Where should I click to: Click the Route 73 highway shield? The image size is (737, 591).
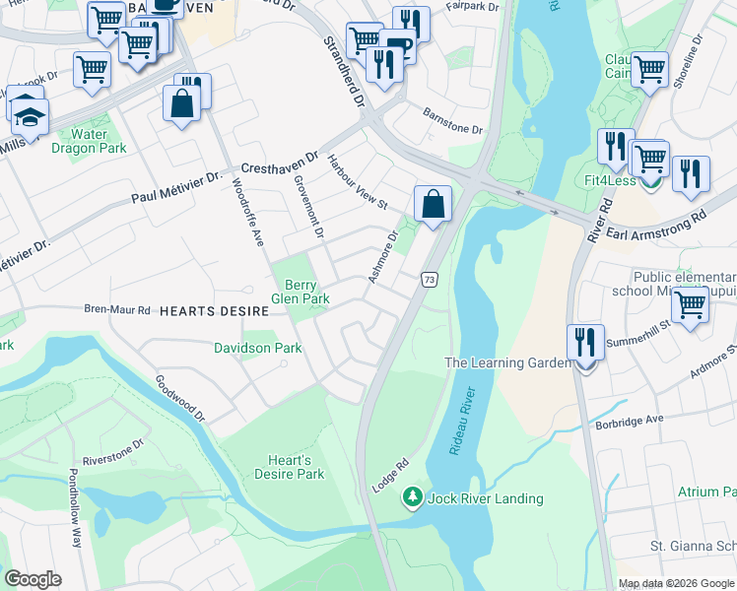429,281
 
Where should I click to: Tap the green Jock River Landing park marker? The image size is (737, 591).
415,497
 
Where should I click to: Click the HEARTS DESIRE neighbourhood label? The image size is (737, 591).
214,310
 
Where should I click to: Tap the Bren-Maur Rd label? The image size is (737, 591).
117,309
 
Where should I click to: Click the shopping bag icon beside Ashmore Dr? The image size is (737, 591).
433,204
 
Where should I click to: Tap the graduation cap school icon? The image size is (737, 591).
31,116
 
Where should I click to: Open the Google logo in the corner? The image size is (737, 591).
33,578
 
